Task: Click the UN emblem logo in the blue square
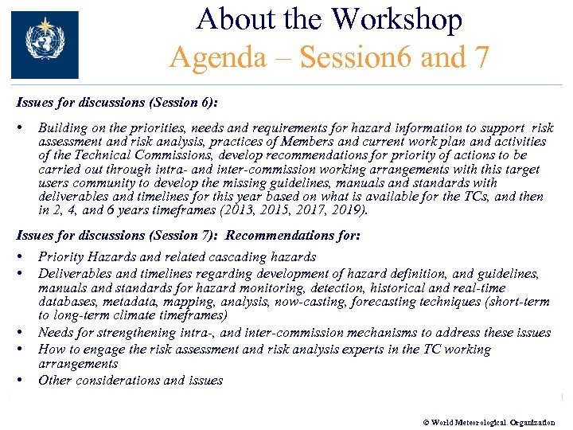coord(45,44)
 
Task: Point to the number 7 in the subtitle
coord(481,57)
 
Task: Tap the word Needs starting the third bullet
coord(56,333)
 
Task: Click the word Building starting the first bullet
coord(62,127)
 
